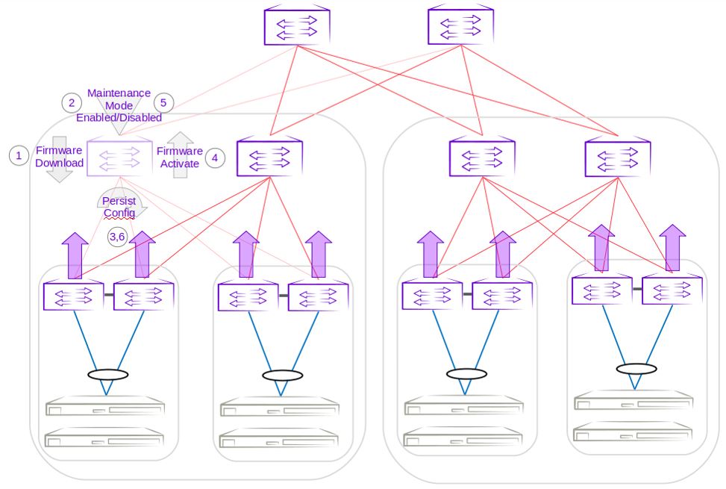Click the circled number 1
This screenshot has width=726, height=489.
[x=19, y=156]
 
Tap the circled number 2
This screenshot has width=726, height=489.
[x=72, y=102]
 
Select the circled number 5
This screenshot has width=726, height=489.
[x=163, y=102]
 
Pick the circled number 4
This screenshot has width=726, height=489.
[x=215, y=158]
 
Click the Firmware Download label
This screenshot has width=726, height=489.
[x=59, y=156]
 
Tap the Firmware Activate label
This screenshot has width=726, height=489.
[x=179, y=157]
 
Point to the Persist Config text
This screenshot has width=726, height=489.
[x=119, y=207]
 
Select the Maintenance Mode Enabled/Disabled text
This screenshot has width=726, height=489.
[x=119, y=105]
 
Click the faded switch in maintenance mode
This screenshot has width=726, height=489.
[x=119, y=158]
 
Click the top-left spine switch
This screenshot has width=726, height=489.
[x=297, y=26]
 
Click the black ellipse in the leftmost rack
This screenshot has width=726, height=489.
[x=107, y=374]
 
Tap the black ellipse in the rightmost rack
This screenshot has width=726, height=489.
[x=636, y=368]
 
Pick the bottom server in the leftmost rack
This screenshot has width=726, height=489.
[x=104, y=437]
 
